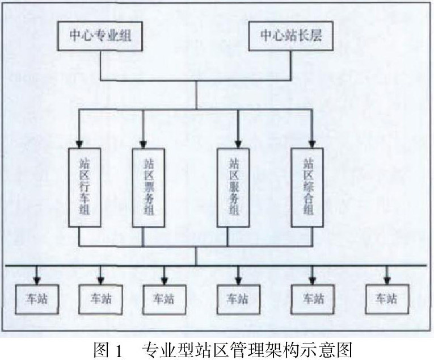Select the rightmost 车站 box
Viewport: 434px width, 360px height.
pos(386,298)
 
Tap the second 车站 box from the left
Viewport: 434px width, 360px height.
pos(100,298)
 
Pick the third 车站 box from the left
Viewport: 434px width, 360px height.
pos(165,298)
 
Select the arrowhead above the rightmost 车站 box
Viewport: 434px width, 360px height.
pos(386,279)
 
